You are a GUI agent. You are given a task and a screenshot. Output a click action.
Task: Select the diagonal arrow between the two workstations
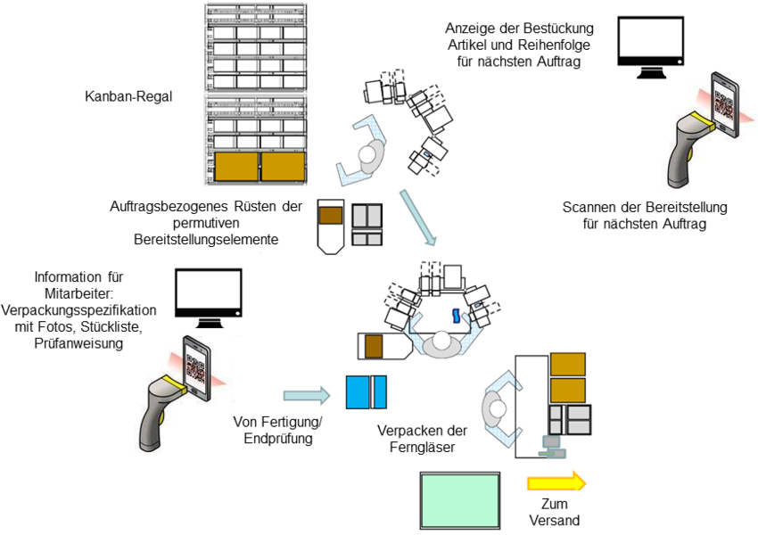(x=418, y=216)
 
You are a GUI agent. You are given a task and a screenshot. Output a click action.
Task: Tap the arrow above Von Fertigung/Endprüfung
(x=305, y=396)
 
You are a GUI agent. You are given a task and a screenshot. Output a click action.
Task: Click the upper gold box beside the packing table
(x=568, y=364)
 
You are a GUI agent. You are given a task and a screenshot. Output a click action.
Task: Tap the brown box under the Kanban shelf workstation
(x=331, y=215)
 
